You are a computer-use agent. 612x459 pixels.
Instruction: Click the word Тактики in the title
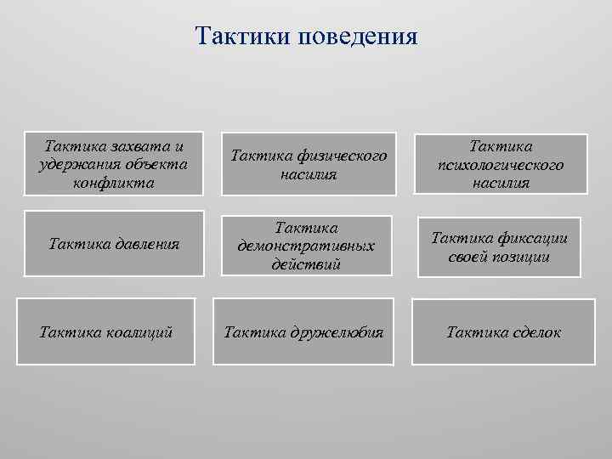click(241, 36)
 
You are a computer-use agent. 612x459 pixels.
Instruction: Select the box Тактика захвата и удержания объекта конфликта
click(114, 161)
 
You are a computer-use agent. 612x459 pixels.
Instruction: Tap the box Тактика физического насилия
click(309, 163)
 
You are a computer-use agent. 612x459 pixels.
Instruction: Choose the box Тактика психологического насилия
click(500, 163)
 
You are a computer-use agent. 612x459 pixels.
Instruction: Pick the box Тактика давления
click(114, 245)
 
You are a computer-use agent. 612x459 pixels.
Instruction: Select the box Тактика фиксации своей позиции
click(500, 246)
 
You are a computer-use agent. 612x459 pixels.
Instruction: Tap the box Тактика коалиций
click(106, 331)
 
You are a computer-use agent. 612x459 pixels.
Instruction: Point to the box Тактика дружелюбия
click(303, 331)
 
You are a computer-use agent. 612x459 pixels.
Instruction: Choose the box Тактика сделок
click(503, 331)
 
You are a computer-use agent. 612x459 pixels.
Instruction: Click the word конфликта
click(114, 183)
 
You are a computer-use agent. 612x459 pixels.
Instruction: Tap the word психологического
click(500, 165)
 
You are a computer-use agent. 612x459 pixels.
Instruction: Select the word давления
click(144, 245)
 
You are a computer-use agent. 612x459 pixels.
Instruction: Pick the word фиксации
click(532, 238)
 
